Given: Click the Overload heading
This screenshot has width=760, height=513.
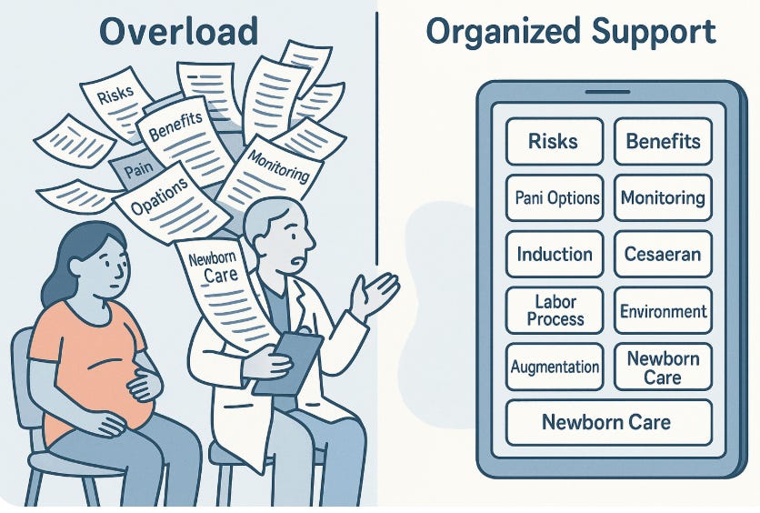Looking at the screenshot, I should point(179,32).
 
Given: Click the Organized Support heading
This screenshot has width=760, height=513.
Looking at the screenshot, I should point(571,32).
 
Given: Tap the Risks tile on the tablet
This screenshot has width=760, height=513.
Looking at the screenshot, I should point(553,141).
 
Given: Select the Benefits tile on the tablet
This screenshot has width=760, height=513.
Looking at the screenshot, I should point(663,141).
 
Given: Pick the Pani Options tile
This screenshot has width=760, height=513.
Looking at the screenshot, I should point(553,197).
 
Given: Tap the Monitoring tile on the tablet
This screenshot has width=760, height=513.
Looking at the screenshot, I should point(663,197).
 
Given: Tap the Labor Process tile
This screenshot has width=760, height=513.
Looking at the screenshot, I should point(553,309).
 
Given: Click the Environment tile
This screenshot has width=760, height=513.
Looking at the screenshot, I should point(663,311).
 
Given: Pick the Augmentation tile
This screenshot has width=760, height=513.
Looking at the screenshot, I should point(553,367).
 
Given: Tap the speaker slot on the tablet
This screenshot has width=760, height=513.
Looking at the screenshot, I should point(607,91).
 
